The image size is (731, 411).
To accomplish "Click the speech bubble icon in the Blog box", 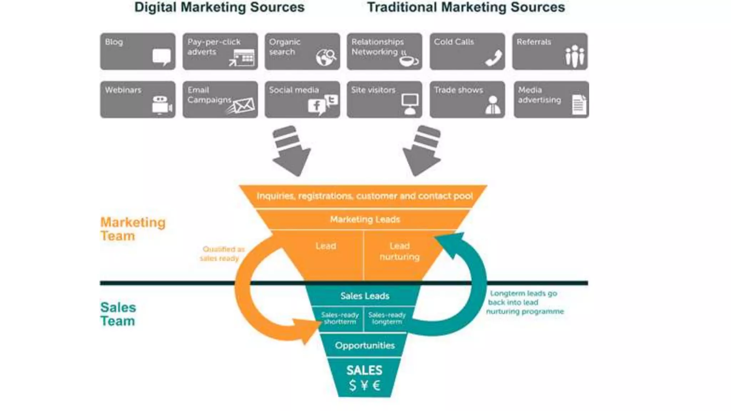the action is pos(162,57).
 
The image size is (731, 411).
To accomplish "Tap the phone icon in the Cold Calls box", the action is pos(494,58).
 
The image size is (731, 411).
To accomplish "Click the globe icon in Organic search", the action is pos(325,57).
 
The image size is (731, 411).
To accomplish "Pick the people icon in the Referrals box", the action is pos(575,56).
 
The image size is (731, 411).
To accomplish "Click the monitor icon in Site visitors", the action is pos(410,104).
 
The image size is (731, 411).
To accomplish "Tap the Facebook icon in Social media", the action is pos(316,106).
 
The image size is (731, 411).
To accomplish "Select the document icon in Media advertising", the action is pos(579,105).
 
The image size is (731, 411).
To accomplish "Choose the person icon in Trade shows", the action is pos(493,105).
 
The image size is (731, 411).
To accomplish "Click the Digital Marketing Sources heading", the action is pos(219,7).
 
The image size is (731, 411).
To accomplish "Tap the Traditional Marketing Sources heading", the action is pos(466,7).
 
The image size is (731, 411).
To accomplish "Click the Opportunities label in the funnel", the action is pos(364,345).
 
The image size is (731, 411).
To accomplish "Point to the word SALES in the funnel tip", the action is pos(364,370).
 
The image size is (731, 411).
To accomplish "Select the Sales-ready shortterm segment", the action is pos(340,318).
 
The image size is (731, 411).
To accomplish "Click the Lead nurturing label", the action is pos(399,251).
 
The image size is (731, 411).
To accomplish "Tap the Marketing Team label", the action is pos(132,229).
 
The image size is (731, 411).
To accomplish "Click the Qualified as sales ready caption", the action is pos(222,254).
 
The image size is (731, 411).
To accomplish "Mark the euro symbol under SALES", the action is pos(376,385).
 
